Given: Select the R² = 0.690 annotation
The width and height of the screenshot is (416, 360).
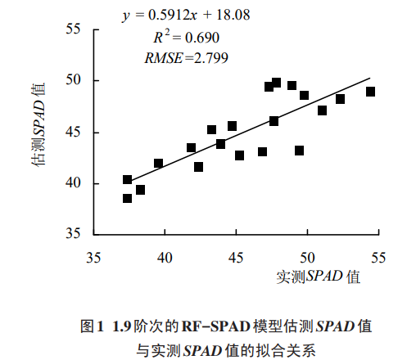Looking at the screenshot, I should (x=186, y=38).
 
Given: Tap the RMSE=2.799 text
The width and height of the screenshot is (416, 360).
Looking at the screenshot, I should (x=186, y=57).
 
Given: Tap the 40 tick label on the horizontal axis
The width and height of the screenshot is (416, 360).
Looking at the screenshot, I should (x=165, y=256).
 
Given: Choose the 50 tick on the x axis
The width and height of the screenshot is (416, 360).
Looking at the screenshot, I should (x=307, y=256).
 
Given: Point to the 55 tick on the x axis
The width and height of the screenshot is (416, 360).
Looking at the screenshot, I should (x=378, y=256).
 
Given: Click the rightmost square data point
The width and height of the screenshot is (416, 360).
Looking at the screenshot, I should (x=371, y=92).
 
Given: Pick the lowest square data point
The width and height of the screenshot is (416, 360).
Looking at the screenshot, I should (x=128, y=198).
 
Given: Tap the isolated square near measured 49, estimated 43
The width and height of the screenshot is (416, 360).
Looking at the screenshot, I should (x=300, y=151).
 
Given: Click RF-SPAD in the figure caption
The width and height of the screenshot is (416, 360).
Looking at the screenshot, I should (x=210, y=326).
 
